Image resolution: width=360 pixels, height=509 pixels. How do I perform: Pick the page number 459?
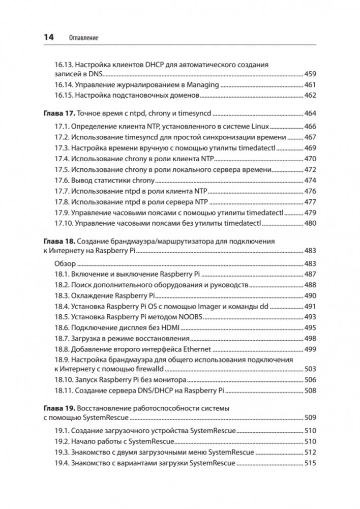point(310,74)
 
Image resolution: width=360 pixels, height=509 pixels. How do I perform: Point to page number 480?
point(310,223)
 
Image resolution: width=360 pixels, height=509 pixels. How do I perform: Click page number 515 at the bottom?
point(310,463)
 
